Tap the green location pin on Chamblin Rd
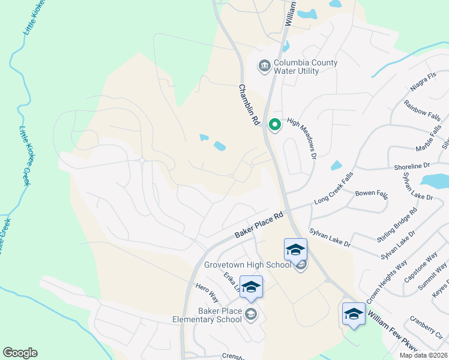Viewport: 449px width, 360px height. (275, 125)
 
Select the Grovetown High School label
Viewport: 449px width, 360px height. (247, 265)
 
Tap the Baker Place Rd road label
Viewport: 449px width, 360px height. (259, 226)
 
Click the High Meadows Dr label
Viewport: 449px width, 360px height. (302, 137)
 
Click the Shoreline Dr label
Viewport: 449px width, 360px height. (412, 166)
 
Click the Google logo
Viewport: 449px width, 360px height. (20, 353)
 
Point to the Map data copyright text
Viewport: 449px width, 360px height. (424, 355)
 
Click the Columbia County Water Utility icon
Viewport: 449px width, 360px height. (264, 65)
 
